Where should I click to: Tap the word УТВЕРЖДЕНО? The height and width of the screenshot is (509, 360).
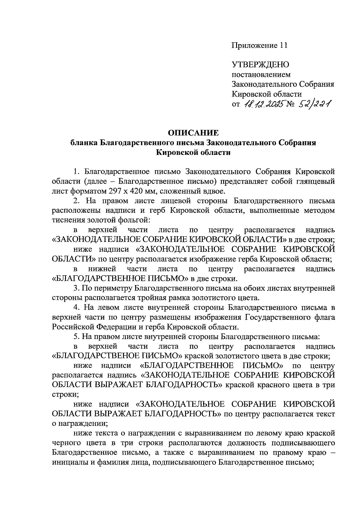coord(260,64)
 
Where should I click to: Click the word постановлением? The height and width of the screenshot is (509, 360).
coord(261,74)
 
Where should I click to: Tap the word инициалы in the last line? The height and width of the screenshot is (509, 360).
coord(70,462)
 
